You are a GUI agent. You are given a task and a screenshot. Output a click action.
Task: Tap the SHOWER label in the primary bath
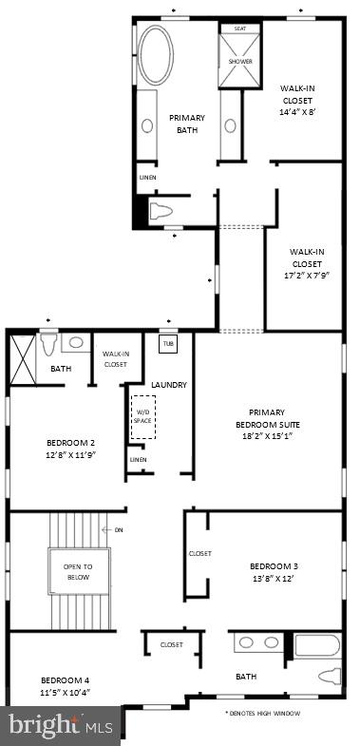pyautogui.click(x=240, y=62)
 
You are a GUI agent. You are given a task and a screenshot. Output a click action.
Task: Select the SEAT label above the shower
pyautogui.click(x=240, y=29)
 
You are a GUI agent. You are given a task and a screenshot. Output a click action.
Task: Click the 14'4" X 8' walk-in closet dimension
pyautogui.click(x=298, y=111)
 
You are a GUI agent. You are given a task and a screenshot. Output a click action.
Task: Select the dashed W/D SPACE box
pyautogui.click(x=143, y=416)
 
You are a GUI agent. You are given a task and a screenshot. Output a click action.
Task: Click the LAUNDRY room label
pyautogui.click(x=168, y=385)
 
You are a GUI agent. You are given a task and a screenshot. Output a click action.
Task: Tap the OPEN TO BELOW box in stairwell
pyautogui.click(x=79, y=571)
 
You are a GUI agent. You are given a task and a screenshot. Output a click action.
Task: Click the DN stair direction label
pyautogui.click(x=119, y=529)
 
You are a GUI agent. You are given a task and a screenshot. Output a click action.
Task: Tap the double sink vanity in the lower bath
pyautogui.click(x=259, y=642)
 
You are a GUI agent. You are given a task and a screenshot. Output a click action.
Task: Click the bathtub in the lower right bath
pyautogui.click(x=317, y=647)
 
